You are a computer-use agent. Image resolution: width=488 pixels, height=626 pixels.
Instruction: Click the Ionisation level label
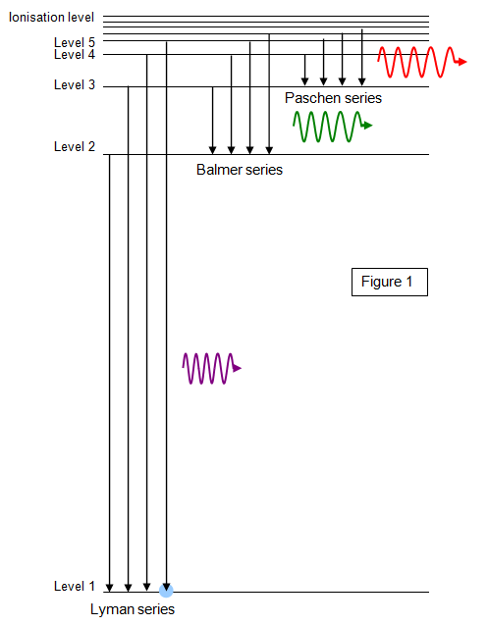coord(52,17)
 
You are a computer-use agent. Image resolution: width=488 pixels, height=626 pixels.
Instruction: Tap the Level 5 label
coord(75,42)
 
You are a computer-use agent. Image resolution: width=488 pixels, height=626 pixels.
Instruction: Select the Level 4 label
coord(75,54)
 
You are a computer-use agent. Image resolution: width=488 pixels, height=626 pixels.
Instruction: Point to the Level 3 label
coord(75,84)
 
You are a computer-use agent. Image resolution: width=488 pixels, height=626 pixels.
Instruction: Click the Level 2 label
coord(75,146)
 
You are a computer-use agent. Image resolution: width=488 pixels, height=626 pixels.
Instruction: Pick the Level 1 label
coord(75,586)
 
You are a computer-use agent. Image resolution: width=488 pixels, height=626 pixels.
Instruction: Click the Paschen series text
coord(333,98)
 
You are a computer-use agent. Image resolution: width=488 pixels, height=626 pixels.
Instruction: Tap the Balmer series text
coord(240,170)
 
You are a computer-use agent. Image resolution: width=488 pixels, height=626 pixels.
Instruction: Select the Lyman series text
coord(133,609)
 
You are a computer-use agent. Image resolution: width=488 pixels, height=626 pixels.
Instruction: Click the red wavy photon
coord(421,62)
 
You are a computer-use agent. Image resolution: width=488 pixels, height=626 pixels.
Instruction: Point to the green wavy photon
coord(332,127)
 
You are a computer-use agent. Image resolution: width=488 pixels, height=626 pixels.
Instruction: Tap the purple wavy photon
coord(211,368)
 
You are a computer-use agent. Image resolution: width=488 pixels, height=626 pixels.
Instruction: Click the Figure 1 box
coord(390,282)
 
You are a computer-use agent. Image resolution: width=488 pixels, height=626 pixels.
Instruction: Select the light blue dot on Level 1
coord(166,590)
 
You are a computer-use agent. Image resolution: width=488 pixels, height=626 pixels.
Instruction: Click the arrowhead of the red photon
coord(462,62)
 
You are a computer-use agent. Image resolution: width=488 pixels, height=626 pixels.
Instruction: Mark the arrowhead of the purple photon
coord(238,368)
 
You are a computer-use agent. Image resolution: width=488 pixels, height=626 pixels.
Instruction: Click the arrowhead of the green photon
coord(367,126)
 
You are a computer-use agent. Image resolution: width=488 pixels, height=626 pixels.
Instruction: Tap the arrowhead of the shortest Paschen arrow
coord(305,81)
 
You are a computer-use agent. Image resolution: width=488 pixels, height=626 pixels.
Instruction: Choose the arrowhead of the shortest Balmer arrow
coord(213,150)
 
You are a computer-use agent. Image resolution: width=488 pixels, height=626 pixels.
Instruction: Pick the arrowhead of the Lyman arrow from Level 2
coord(110,588)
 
